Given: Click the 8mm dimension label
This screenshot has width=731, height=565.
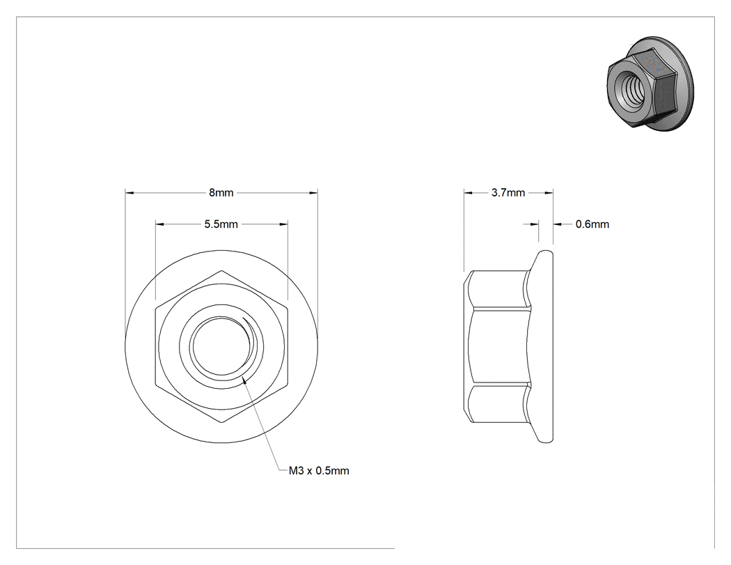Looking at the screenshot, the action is tap(221, 193).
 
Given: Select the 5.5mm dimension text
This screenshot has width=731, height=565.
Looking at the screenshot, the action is tap(221, 224).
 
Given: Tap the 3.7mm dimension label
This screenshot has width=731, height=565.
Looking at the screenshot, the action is tap(508, 193).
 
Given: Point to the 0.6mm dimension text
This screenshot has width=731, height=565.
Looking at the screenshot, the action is tap(592, 224).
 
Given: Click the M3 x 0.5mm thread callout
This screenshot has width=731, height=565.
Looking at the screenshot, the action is tap(319, 471).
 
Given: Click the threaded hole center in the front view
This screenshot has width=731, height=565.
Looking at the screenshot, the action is tap(221, 346).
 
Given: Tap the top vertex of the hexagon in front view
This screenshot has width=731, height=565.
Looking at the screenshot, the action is tap(221, 270).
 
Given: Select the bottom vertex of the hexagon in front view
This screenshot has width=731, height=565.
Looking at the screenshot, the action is tap(221, 423).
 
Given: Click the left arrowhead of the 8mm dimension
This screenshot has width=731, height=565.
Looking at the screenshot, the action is tap(129, 193).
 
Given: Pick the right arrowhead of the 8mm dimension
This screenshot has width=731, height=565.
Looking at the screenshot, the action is tap(313, 193).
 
